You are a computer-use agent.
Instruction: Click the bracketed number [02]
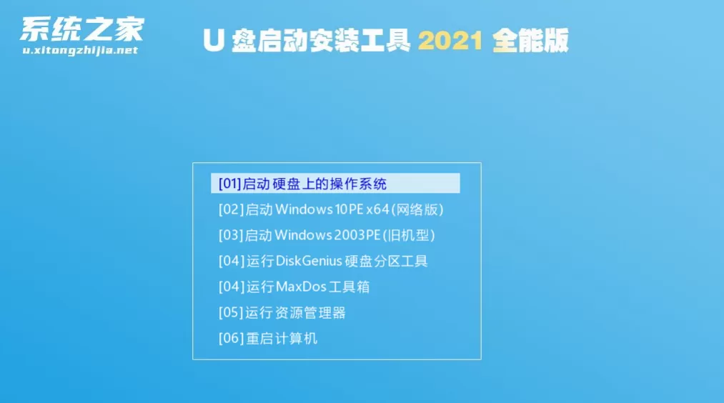pyautogui.click(x=231, y=209)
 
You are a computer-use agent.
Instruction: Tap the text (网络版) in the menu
pyautogui.click(x=417, y=209)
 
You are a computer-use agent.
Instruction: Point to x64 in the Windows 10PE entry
pyautogui.click(x=377, y=209)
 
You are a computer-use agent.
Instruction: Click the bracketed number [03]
pyautogui.click(x=231, y=235)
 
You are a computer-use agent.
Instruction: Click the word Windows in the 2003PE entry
pyautogui.click(x=303, y=235)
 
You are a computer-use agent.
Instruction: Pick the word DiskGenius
pyautogui.click(x=309, y=262)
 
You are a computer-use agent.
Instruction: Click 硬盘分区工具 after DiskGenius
pyautogui.click(x=386, y=262)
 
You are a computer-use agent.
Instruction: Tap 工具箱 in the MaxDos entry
pyautogui.click(x=349, y=287)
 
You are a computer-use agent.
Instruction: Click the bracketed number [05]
pyautogui.click(x=231, y=312)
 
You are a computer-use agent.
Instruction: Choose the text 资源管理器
pyautogui.click(x=310, y=312)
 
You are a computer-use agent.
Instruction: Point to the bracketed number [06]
pyautogui.click(x=231, y=339)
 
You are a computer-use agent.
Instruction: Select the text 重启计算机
pyautogui.click(x=282, y=339)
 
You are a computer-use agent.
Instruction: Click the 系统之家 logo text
pyautogui.click(x=82, y=29)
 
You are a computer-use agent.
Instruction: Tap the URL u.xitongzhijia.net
pyautogui.click(x=80, y=50)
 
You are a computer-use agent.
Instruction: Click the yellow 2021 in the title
pyautogui.click(x=451, y=41)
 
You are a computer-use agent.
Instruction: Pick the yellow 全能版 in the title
pyautogui.click(x=530, y=41)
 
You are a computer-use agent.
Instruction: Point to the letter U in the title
pyautogui.click(x=213, y=41)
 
